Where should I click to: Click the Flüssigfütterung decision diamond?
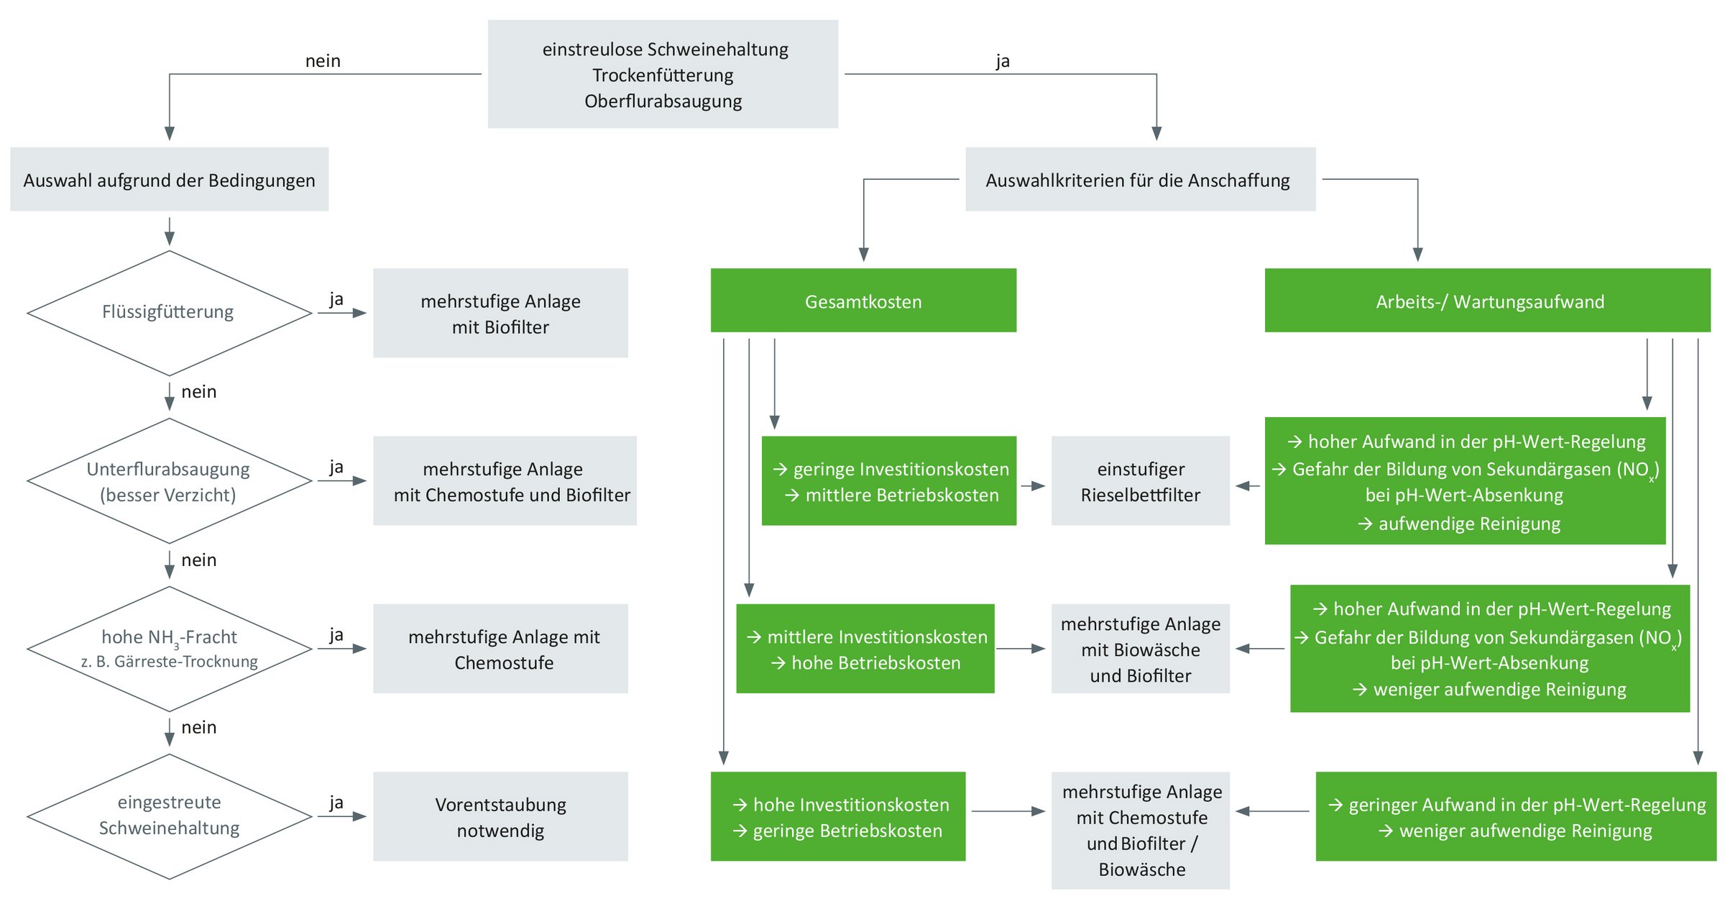click(168, 313)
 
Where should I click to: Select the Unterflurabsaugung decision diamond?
click(168, 481)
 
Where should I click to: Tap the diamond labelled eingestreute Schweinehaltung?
click(169, 816)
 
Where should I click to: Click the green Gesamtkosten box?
click(863, 301)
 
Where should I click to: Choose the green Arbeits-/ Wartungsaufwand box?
click(1487, 301)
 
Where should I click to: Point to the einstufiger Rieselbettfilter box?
click(1140, 481)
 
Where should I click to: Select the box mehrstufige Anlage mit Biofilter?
click(500, 314)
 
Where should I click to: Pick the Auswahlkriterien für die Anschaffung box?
click(1140, 180)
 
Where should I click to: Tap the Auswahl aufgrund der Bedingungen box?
click(169, 180)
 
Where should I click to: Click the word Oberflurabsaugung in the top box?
click(663, 101)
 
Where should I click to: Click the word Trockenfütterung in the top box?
click(663, 76)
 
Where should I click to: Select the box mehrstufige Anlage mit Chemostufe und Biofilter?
click(505, 481)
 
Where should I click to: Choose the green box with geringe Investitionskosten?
click(889, 481)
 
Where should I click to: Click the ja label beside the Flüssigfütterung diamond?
click(336, 299)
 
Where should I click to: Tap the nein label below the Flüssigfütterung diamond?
click(198, 392)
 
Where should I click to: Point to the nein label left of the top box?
click(323, 61)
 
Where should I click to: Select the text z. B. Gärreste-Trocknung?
click(170, 662)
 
